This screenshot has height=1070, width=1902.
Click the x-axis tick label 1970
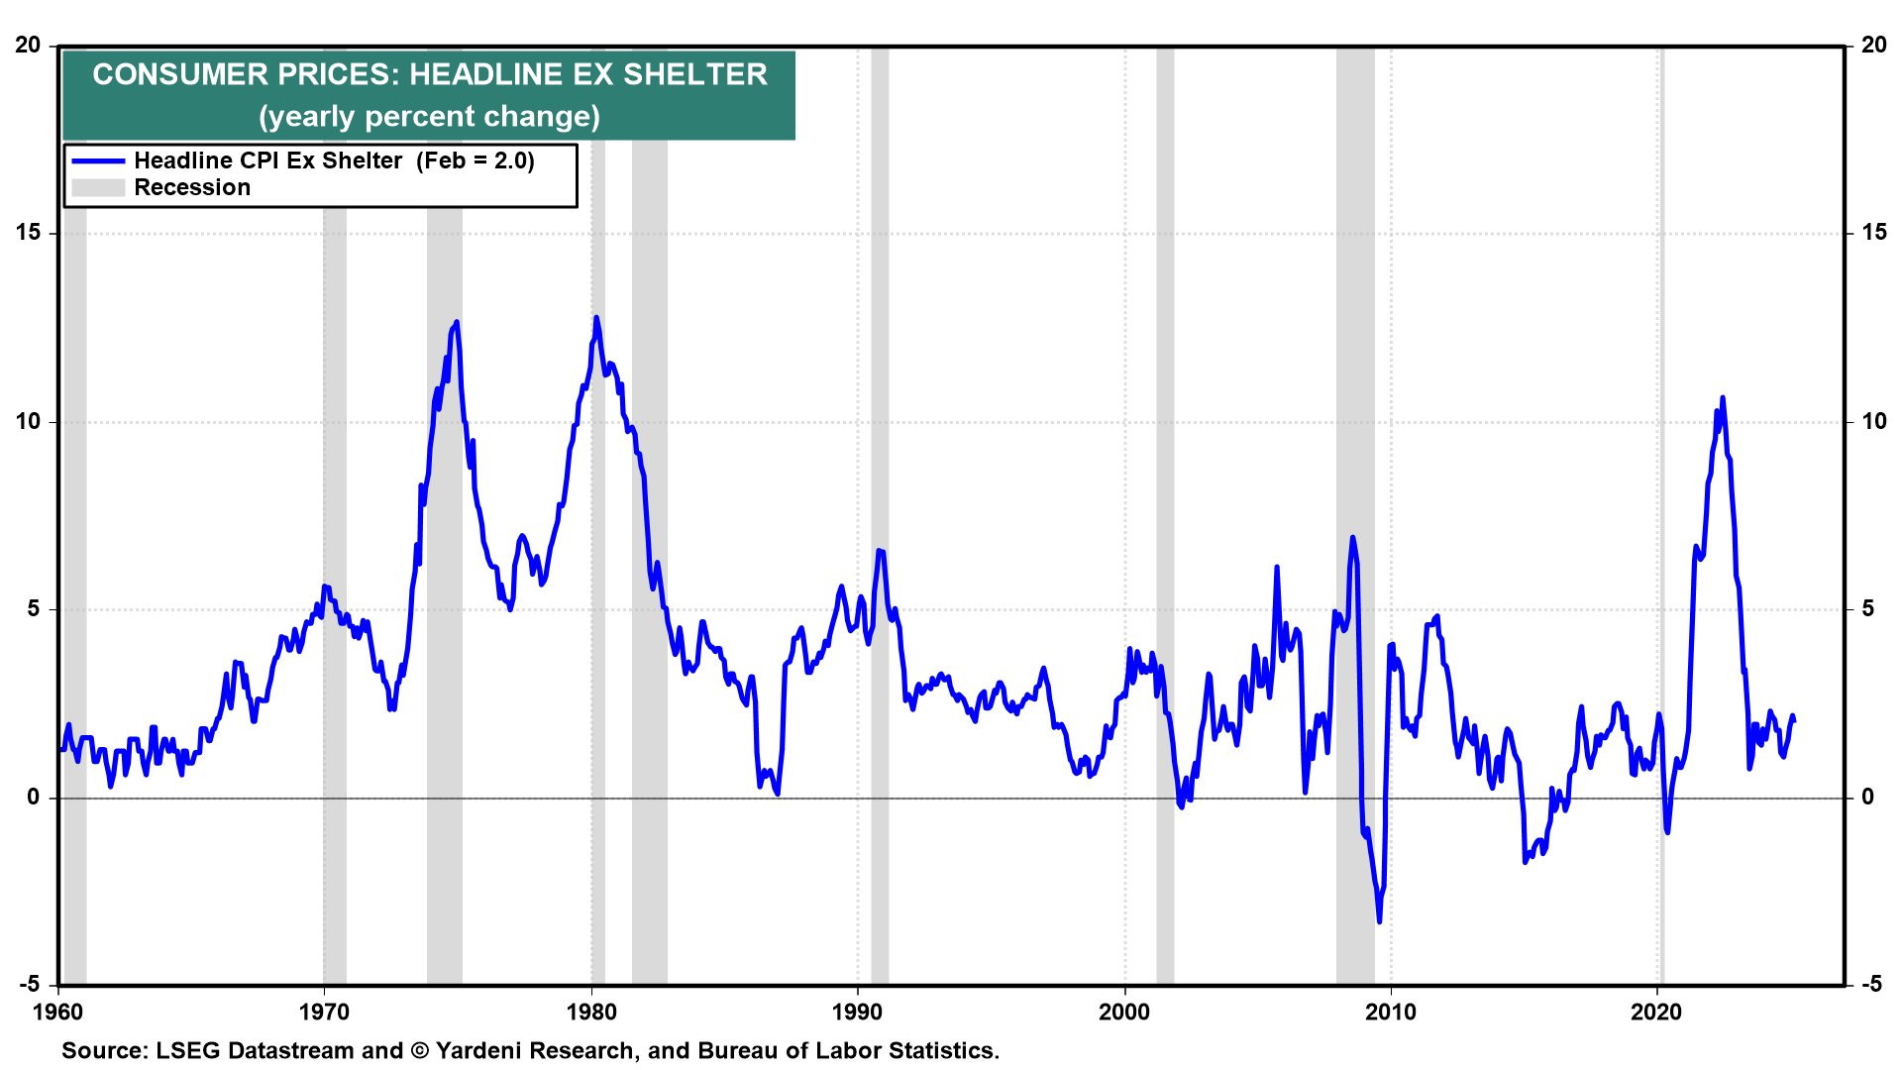click(x=324, y=1012)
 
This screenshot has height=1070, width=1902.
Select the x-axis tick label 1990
click(x=858, y=1012)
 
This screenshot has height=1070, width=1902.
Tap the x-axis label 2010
click(x=1391, y=1012)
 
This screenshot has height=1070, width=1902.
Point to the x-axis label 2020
click(x=1657, y=1012)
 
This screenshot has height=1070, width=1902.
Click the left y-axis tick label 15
click(x=29, y=233)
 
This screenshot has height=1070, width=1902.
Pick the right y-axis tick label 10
click(x=1873, y=421)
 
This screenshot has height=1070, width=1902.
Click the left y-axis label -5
click(x=29, y=984)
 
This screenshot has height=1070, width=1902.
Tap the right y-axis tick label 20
click(x=1873, y=46)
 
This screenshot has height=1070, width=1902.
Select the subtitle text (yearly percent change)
click(x=429, y=117)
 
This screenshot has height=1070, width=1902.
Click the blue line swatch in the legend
click(x=98, y=161)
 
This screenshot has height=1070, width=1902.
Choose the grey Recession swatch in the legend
click(x=98, y=188)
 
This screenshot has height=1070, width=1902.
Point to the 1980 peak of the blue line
click(x=596, y=318)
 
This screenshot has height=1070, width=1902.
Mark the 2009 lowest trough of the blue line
click(x=1379, y=921)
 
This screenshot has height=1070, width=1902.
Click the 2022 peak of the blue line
click(x=1723, y=398)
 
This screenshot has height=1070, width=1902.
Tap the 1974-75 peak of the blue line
click(x=456, y=322)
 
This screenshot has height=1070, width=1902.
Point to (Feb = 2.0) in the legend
click(x=475, y=161)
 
